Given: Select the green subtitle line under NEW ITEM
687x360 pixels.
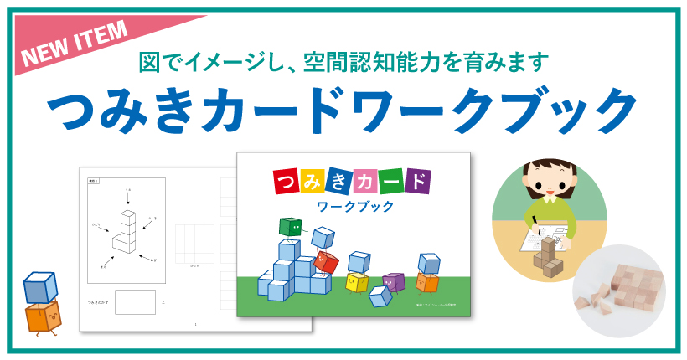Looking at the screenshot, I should coord(343,61).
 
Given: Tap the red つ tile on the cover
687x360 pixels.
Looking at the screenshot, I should coord(286,180).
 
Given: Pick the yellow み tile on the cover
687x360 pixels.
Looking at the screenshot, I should coord(318,180).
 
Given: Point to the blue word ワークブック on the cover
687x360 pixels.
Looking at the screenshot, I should coord(351,206).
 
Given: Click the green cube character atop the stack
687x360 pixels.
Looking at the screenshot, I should coord(289,227).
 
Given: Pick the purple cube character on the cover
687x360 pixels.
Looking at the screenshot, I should coord(393,282).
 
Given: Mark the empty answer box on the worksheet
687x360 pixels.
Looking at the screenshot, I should coord(135,301).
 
